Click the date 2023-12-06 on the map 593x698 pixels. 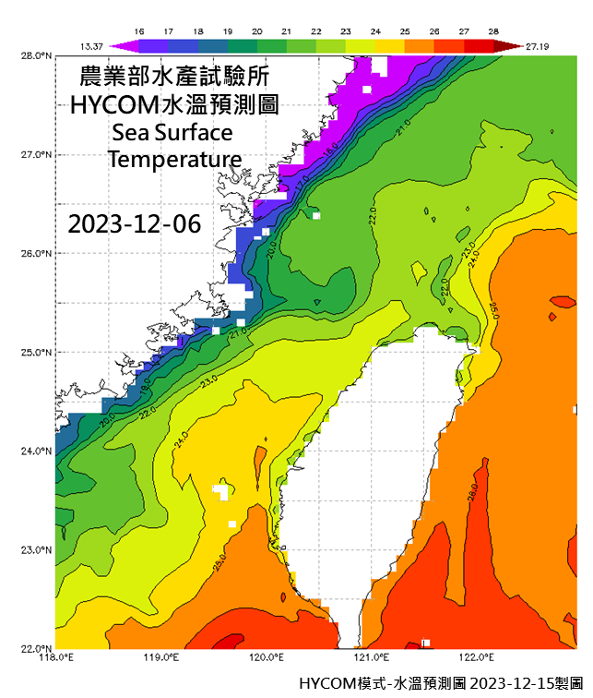pos(134,224)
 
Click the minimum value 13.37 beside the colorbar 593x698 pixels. pos(87,44)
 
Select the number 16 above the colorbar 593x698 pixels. pos(138,31)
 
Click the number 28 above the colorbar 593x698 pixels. pos(494,31)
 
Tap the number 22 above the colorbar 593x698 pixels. pos(316,31)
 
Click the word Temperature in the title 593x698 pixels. pos(174,160)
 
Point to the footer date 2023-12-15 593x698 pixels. pos(505,683)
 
